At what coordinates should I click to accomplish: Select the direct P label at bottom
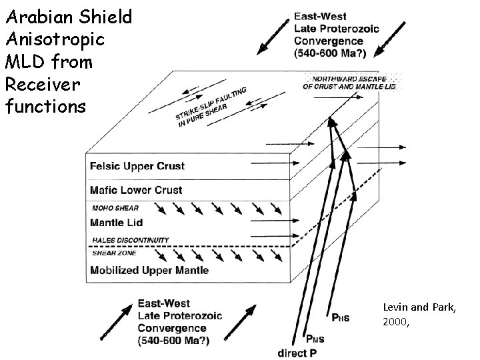(x=296, y=351)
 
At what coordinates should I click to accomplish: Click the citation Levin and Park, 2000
(x=419, y=314)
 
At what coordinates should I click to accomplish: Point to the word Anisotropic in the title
(x=54, y=39)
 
